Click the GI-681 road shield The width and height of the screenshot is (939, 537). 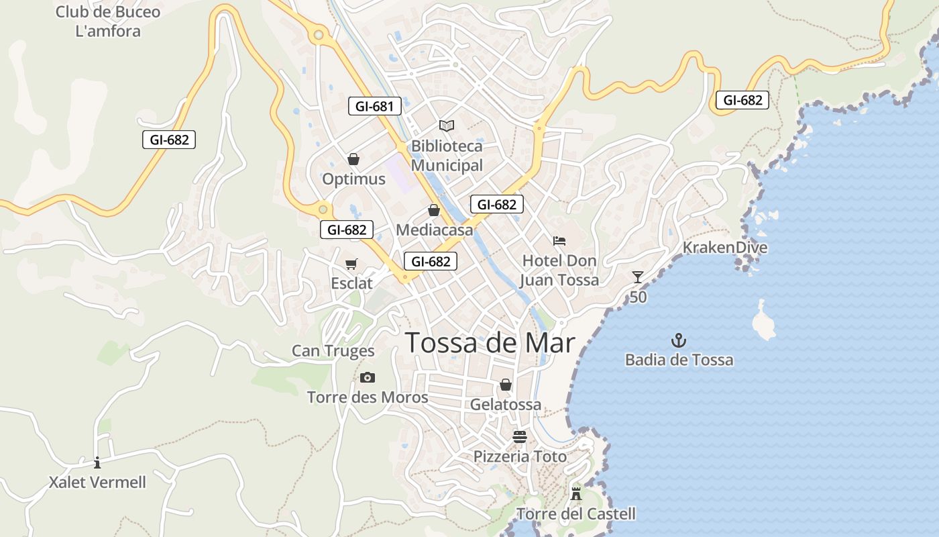pyautogui.click(x=375, y=106)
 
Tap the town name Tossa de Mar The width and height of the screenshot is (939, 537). pyautogui.click(x=490, y=342)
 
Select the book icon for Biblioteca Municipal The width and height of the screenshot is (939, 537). pyautogui.click(x=447, y=126)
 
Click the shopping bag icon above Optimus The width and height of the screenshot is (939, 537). pyautogui.click(x=353, y=159)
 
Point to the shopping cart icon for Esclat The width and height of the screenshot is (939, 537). pyautogui.click(x=351, y=264)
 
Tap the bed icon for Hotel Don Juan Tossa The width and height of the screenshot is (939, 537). pyautogui.click(x=559, y=240)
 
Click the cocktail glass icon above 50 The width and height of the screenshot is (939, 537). pyautogui.click(x=637, y=277)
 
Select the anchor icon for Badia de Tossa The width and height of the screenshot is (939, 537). pyautogui.click(x=679, y=340)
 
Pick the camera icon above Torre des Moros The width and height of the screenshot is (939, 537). pyautogui.click(x=367, y=377)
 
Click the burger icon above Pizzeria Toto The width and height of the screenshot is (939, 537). pyautogui.click(x=520, y=436)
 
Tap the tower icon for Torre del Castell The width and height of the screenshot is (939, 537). pyautogui.click(x=575, y=494)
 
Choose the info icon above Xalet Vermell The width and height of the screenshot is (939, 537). pyautogui.click(x=97, y=462)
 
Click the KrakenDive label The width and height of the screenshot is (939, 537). pyautogui.click(x=725, y=248)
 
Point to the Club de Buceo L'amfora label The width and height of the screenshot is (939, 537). pyautogui.click(x=108, y=21)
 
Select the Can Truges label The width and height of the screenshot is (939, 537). pyautogui.click(x=333, y=350)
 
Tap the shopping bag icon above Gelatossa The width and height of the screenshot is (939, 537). pyautogui.click(x=506, y=385)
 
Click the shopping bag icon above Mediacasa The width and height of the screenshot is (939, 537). pyautogui.click(x=434, y=210)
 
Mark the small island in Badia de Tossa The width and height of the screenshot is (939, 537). pyautogui.click(x=763, y=322)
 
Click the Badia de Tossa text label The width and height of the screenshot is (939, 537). pyautogui.click(x=679, y=360)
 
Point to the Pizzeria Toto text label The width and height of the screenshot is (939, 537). pyautogui.click(x=520, y=456)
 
